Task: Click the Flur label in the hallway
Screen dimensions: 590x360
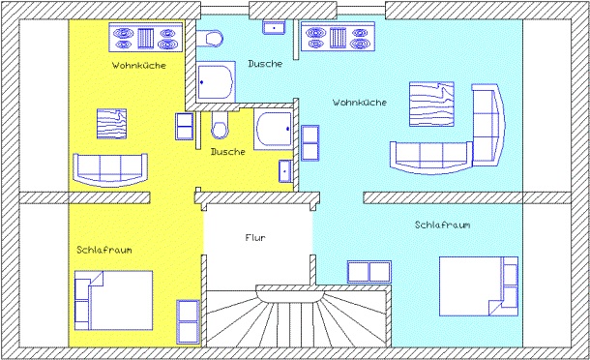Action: [x=255, y=238]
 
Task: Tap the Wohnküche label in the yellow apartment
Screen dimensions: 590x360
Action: [x=139, y=66]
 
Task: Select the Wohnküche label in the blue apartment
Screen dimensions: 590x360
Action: [x=360, y=103]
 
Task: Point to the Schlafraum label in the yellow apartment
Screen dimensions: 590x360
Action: [x=104, y=250]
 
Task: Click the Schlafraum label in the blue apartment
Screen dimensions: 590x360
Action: [x=443, y=225]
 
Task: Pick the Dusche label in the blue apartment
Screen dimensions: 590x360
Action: [x=265, y=64]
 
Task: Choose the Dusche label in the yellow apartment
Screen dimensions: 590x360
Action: [x=228, y=152]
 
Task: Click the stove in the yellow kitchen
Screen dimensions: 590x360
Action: [x=146, y=38]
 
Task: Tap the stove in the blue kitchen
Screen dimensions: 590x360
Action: [x=338, y=37]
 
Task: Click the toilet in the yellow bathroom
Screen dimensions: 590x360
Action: [x=220, y=126]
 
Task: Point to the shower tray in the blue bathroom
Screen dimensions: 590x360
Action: [x=216, y=81]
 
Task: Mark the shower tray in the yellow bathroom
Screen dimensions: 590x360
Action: [x=273, y=129]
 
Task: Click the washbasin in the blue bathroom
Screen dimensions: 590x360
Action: [x=274, y=27]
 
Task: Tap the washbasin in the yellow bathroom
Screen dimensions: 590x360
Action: [x=285, y=171]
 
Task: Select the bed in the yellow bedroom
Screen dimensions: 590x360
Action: [x=113, y=300]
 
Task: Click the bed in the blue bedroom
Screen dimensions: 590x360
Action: [x=479, y=286]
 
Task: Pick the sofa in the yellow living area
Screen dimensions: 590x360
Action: [x=110, y=170]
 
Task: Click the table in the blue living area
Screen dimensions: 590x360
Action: [x=431, y=104]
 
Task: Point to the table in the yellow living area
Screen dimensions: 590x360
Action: [x=112, y=124]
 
